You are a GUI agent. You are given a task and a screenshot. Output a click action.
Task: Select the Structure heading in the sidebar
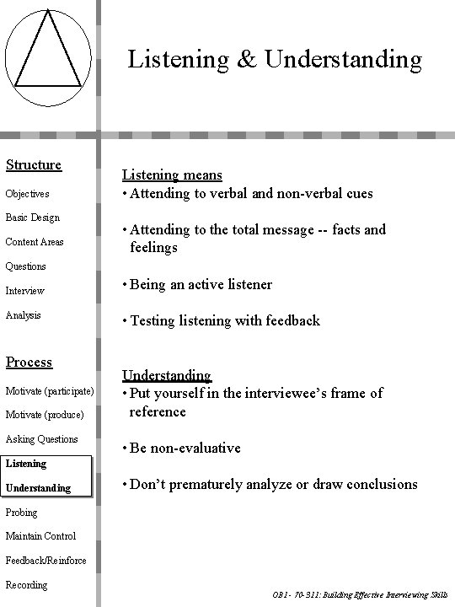[34, 164]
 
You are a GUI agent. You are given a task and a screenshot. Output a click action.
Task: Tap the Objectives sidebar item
[28, 194]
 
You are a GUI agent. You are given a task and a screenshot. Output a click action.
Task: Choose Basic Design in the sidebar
[33, 218]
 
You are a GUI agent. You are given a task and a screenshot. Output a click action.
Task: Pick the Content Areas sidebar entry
[35, 242]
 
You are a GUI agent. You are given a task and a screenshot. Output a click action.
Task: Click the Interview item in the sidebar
[25, 291]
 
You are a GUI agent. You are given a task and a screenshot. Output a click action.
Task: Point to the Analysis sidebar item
[24, 315]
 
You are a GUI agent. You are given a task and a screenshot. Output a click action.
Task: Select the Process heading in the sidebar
[29, 362]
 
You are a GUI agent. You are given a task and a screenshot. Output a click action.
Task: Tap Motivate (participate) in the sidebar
[50, 390]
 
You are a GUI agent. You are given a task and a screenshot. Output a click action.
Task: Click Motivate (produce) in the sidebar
[45, 415]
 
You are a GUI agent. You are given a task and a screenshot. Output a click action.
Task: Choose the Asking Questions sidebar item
[42, 439]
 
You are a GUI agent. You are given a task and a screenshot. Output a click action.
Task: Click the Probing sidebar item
[23, 512]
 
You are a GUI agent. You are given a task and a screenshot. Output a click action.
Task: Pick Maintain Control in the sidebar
[40, 536]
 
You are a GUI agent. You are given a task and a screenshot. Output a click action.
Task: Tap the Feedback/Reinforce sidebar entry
[45, 561]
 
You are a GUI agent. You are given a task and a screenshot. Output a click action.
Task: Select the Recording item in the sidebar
[27, 585]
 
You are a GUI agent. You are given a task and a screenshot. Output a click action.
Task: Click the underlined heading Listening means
[173, 175]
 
